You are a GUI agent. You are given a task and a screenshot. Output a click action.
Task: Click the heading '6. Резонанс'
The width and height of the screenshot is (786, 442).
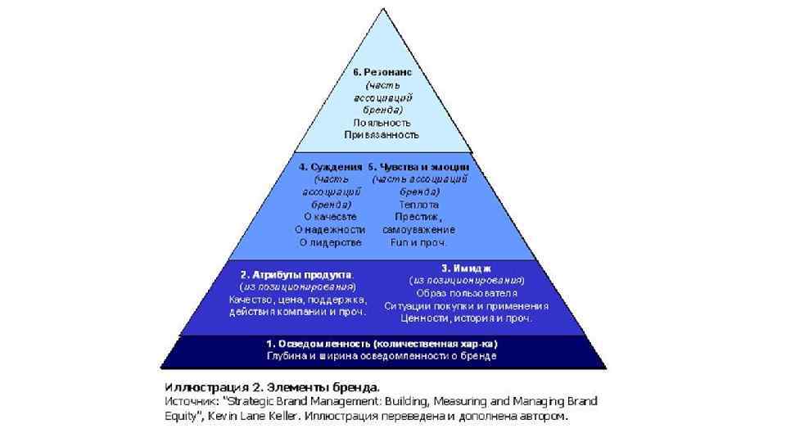[382, 72]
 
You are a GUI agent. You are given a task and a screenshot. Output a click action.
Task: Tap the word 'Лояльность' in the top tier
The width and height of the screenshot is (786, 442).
[382, 122]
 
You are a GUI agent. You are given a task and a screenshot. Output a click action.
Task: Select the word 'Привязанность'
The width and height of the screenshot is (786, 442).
[382, 134]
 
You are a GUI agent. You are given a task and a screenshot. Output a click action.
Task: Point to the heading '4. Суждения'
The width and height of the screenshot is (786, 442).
[330, 167]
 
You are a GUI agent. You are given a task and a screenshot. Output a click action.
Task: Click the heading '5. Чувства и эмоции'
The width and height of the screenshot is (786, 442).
[418, 167]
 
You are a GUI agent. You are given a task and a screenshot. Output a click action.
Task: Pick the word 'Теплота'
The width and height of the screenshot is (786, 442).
[418, 204]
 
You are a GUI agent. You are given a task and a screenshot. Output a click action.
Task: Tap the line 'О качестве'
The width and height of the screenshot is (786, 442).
[330, 217]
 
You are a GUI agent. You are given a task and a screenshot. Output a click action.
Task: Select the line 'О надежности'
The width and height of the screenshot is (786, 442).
[330, 229]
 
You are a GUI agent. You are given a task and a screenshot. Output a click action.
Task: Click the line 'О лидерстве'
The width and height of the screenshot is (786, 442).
[330, 242]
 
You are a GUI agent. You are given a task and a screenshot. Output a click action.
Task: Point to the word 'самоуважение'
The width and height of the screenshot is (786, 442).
[418, 229]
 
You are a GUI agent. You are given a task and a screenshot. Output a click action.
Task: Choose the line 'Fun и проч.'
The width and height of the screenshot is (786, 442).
[418, 242]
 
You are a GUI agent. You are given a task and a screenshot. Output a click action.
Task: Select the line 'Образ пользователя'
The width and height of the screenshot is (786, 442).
[467, 292]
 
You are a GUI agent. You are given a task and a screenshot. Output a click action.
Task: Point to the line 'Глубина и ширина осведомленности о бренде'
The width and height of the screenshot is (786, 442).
[382, 356]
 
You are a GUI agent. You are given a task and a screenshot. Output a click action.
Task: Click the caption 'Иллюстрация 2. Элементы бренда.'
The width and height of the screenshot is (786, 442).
[273, 386]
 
